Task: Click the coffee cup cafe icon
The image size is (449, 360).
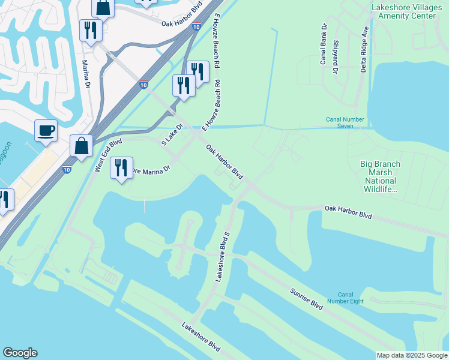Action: point(46,131)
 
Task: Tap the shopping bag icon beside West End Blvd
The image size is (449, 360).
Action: point(81,146)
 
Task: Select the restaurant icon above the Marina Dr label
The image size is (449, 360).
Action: point(91,31)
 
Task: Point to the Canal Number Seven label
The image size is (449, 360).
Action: point(345,123)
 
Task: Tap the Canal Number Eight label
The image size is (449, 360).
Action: point(345,298)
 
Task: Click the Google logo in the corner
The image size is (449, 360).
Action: point(20,353)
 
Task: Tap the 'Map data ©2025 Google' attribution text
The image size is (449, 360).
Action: point(411,355)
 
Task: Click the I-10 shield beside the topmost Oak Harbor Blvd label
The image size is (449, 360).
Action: point(197,26)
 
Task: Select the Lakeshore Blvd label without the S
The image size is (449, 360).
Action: point(201,337)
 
